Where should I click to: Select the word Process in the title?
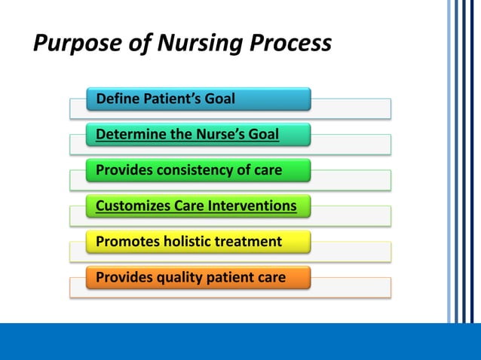[x=289, y=44]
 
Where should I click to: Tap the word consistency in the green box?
[x=191, y=170]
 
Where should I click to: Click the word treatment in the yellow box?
[x=250, y=242]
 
